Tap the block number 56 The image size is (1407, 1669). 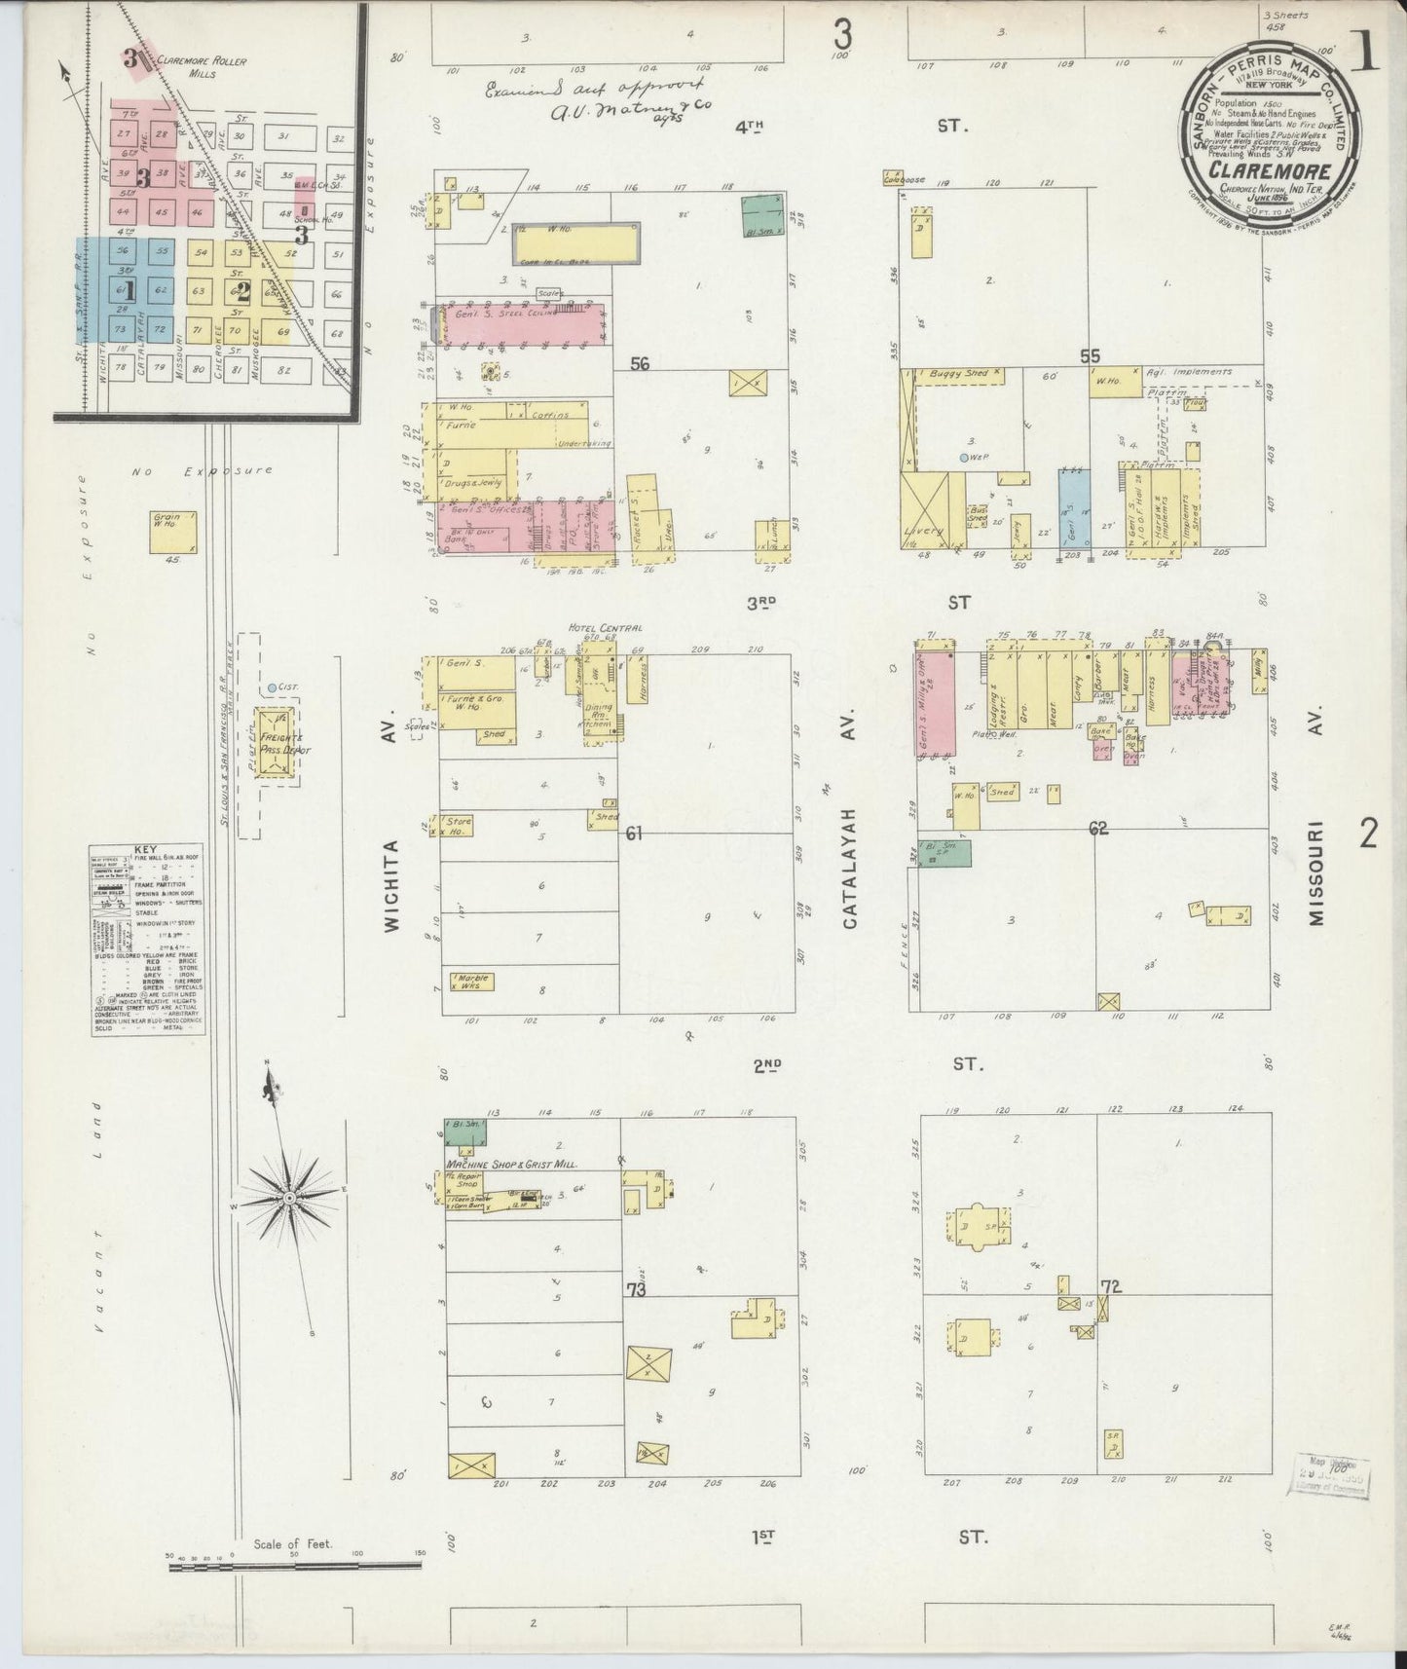tap(640, 364)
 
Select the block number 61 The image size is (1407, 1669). tap(635, 834)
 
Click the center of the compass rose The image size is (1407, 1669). tap(289, 1197)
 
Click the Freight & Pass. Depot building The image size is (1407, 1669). tap(276, 743)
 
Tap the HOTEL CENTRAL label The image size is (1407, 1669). tap(608, 629)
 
